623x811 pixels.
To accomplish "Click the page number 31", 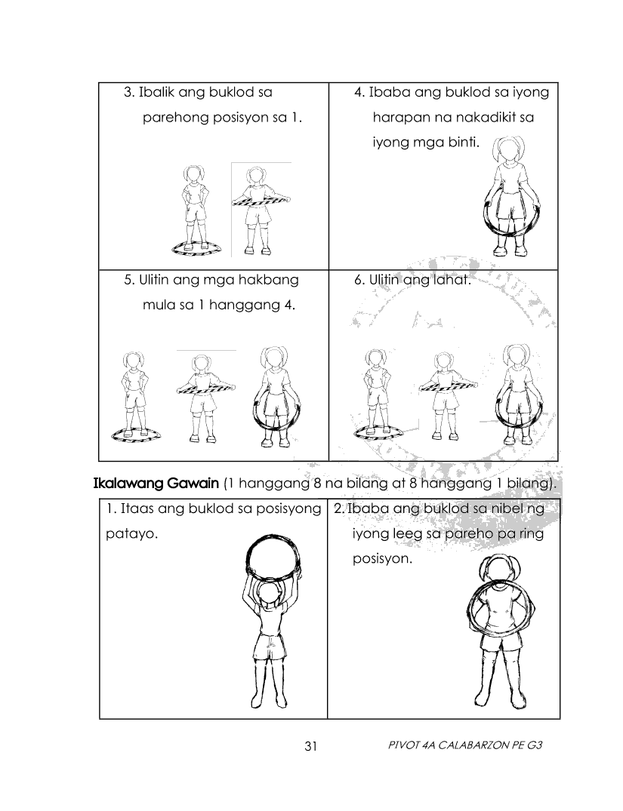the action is click(310, 746).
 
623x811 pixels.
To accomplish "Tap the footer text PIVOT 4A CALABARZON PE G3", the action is click(464, 745).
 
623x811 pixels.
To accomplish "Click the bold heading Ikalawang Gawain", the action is click(156, 484).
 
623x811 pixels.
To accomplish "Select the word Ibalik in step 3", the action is click(156, 92).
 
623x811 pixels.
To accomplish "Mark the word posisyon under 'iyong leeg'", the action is click(382, 560).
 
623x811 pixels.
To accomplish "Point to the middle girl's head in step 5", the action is click(200, 363).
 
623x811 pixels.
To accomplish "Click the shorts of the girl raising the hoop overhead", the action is click(269, 647).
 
